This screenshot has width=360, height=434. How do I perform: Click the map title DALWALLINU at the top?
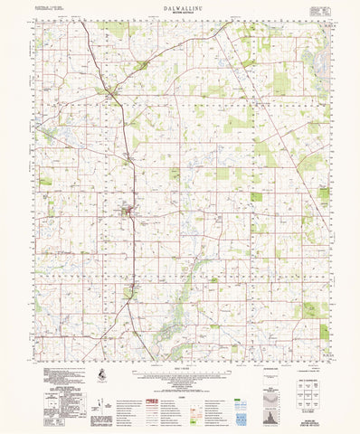(180, 6)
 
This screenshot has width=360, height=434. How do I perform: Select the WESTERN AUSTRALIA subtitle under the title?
(180, 12)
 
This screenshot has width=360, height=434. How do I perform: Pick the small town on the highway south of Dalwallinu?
(131, 291)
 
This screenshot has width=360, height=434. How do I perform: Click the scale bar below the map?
(180, 366)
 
